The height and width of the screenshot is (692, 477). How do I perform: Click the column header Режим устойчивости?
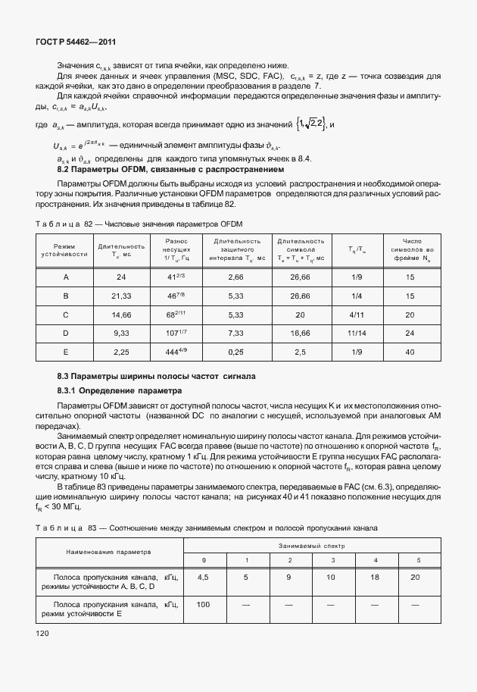point(66,250)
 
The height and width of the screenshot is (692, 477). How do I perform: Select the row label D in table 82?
point(66,332)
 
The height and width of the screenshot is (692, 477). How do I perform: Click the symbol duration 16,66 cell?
point(301,332)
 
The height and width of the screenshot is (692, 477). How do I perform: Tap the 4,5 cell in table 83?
point(203,577)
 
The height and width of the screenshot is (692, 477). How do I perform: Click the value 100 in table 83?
point(203,605)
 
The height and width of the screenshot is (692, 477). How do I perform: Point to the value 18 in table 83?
point(376,577)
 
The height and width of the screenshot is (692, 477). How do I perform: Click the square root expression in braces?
point(310,124)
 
